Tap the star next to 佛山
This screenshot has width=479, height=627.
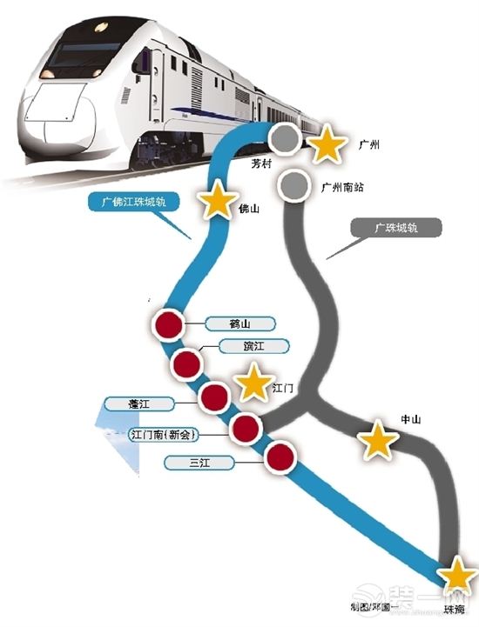[x=217, y=201]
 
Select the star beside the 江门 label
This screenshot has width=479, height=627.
[x=254, y=383]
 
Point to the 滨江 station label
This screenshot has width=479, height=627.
[x=240, y=346]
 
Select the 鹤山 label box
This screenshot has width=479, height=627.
[x=239, y=324]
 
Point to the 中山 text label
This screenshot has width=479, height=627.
[x=410, y=419]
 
